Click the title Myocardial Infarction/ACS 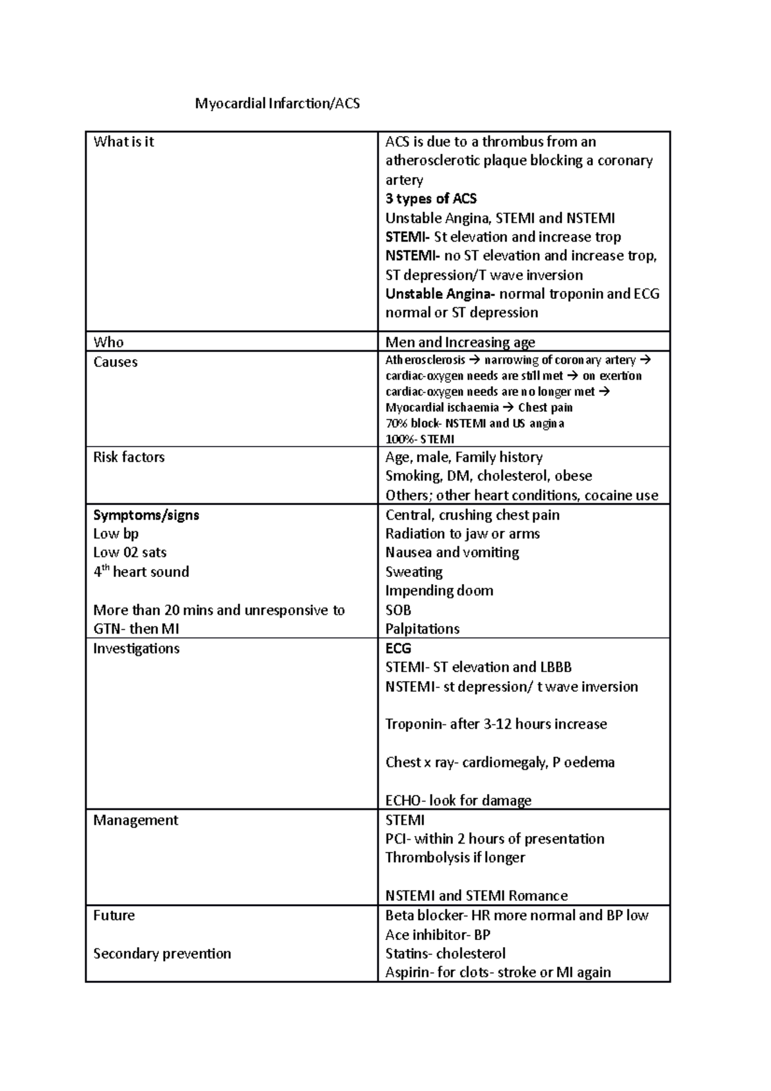(278, 103)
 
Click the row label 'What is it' (123, 142)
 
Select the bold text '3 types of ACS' (430, 199)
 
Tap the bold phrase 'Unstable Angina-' (440, 294)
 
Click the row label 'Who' (108, 342)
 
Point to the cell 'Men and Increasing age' (460, 342)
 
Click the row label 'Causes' (115, 362)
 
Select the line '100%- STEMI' (420, 439)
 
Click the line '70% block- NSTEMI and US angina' (475, 423)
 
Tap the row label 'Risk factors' (128, 457)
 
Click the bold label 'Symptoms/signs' (146, 515)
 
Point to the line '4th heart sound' (141, 572)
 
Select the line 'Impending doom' (439, 590)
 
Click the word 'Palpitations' (422, 629)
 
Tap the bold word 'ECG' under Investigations (398, 648)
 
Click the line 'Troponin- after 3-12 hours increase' (495, 724)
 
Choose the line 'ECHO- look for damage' (458, 801)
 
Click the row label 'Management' (136, 820)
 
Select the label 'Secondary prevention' (162, 954)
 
